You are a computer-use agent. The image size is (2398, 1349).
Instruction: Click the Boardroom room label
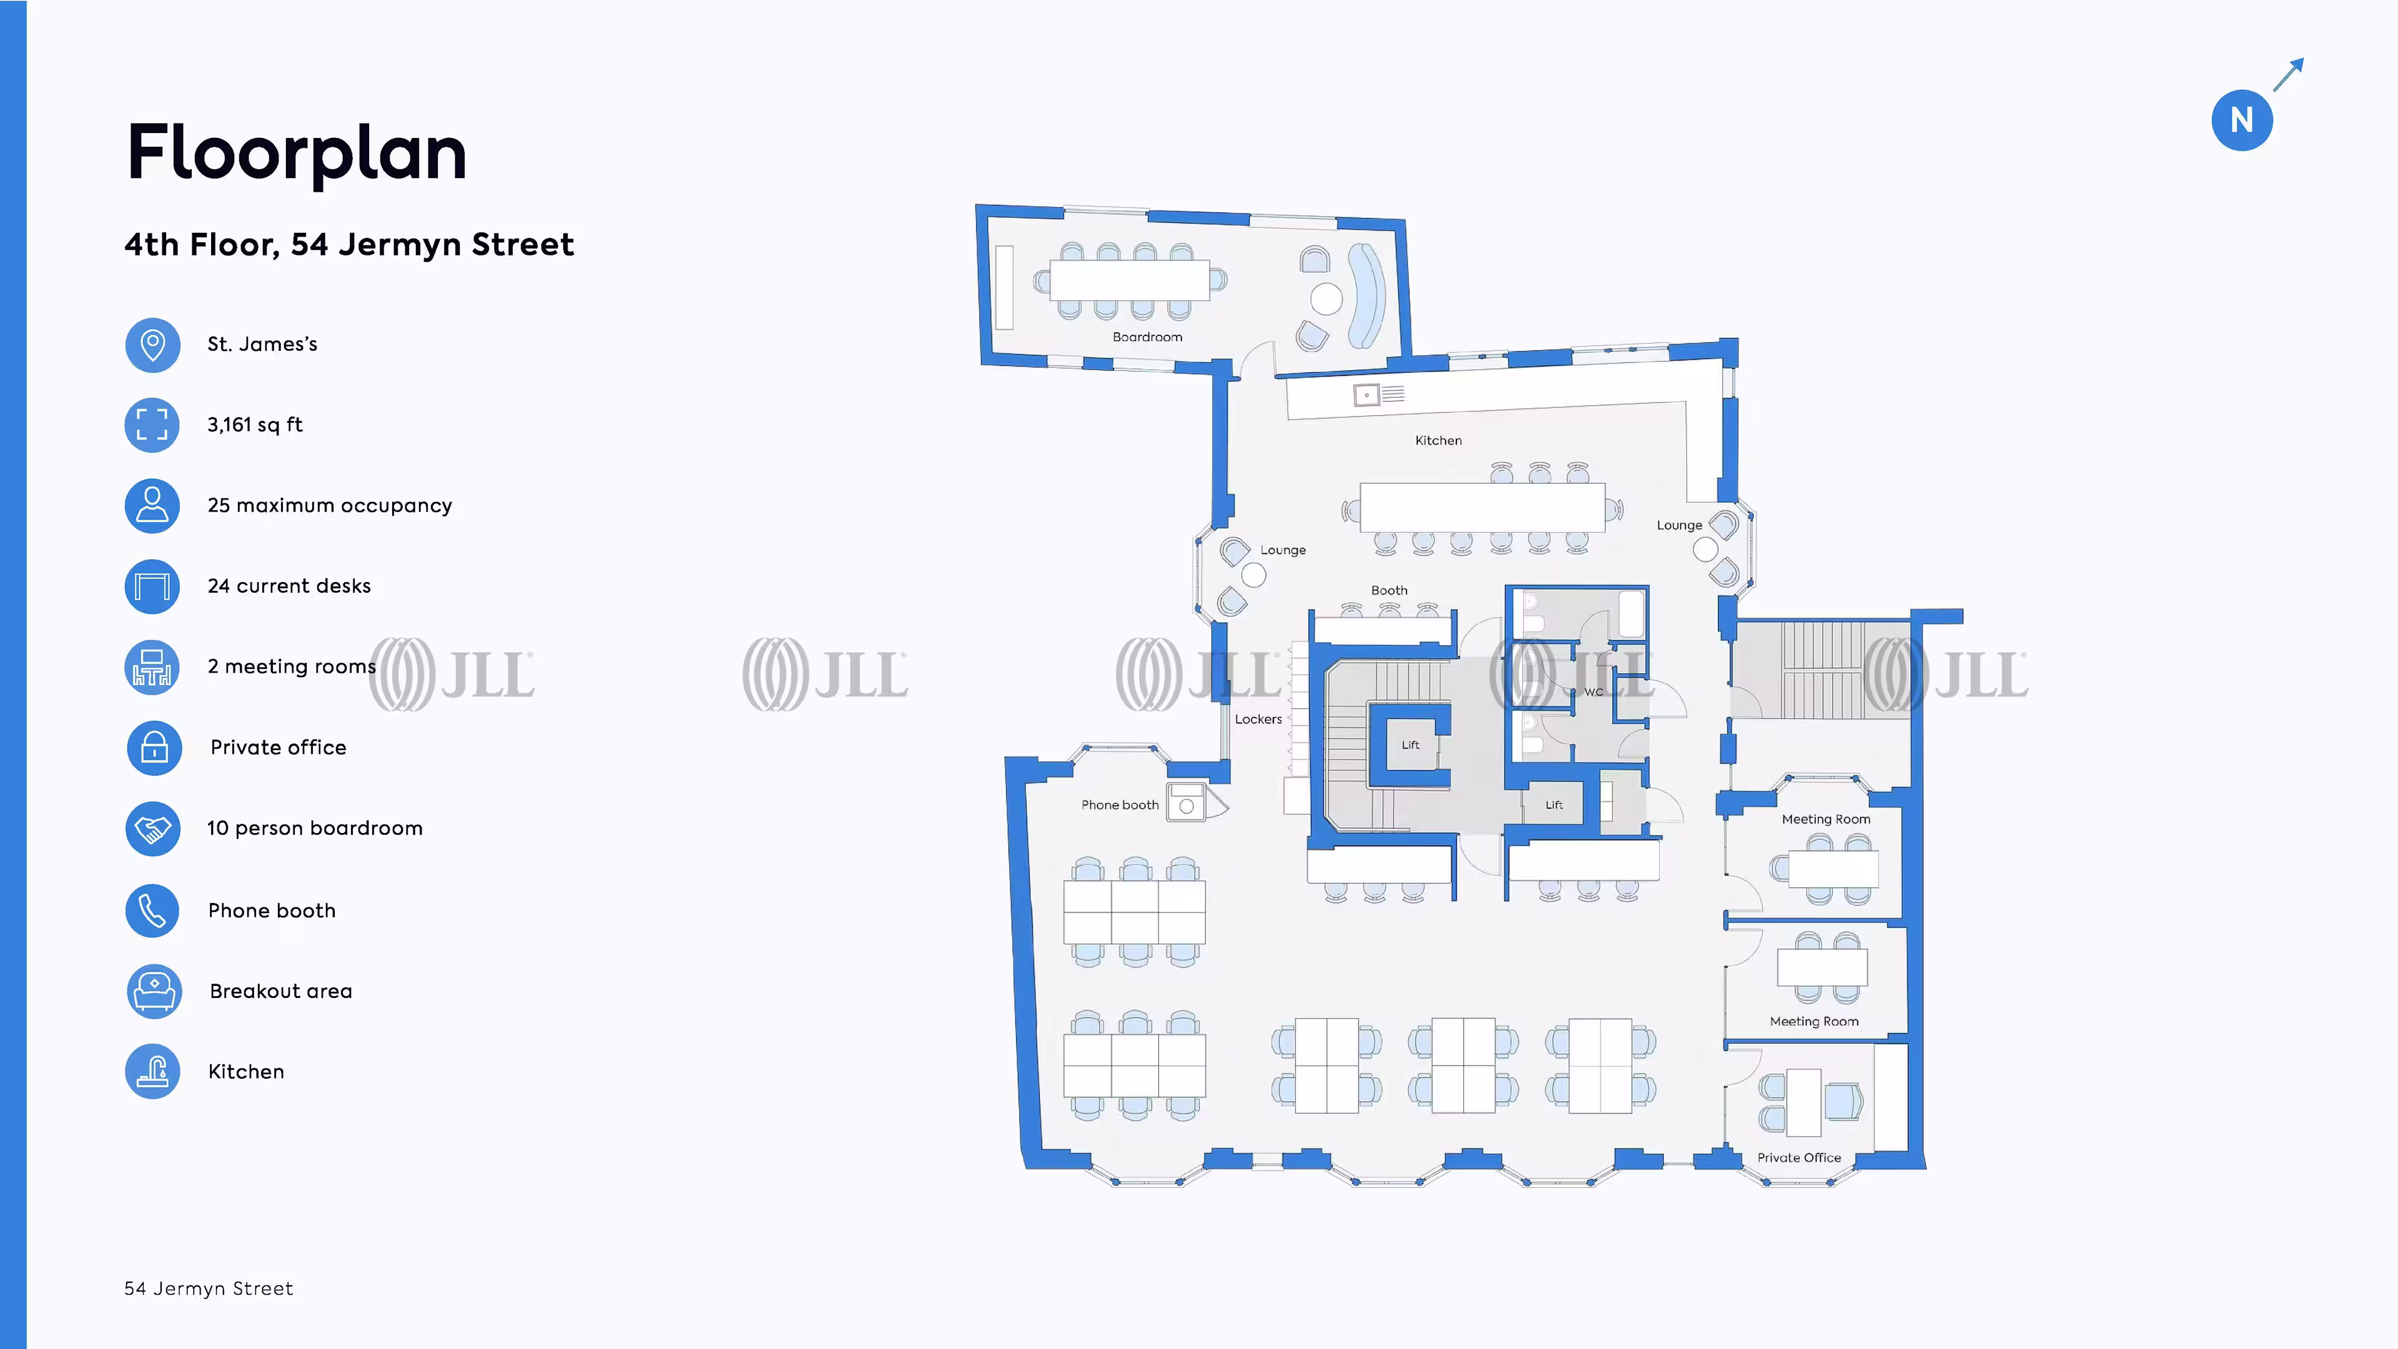tap(1147, 337)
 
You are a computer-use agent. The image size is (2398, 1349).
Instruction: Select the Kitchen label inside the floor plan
tap(1438, 440)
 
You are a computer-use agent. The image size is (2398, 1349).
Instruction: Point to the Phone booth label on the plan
tap(1119, 804)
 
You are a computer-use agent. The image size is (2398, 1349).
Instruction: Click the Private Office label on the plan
tap(1798, 1157)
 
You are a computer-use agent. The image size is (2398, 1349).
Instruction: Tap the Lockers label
tap(1258, 719)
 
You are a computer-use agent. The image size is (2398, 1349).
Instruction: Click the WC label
tap(1593, 692)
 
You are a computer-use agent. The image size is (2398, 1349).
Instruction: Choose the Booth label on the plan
tap(1389, 590)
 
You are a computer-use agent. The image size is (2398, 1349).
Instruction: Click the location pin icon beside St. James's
tap(152, 345)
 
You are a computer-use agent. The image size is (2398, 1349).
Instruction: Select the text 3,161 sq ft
tap(255, 425)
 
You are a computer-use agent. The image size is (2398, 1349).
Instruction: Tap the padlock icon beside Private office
tap(154, 748)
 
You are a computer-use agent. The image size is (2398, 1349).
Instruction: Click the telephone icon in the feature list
tap(152, 911)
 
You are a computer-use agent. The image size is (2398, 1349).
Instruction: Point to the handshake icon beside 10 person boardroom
tap(152, 829)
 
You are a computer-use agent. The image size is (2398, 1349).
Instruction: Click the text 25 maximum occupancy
tap(330, 505)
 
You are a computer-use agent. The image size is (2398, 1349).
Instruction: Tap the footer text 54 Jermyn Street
tap(209, 1288)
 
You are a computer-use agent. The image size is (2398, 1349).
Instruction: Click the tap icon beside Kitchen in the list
tap(152, 1072)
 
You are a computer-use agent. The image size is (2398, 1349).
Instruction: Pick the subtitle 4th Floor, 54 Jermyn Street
tap(349, 244)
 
